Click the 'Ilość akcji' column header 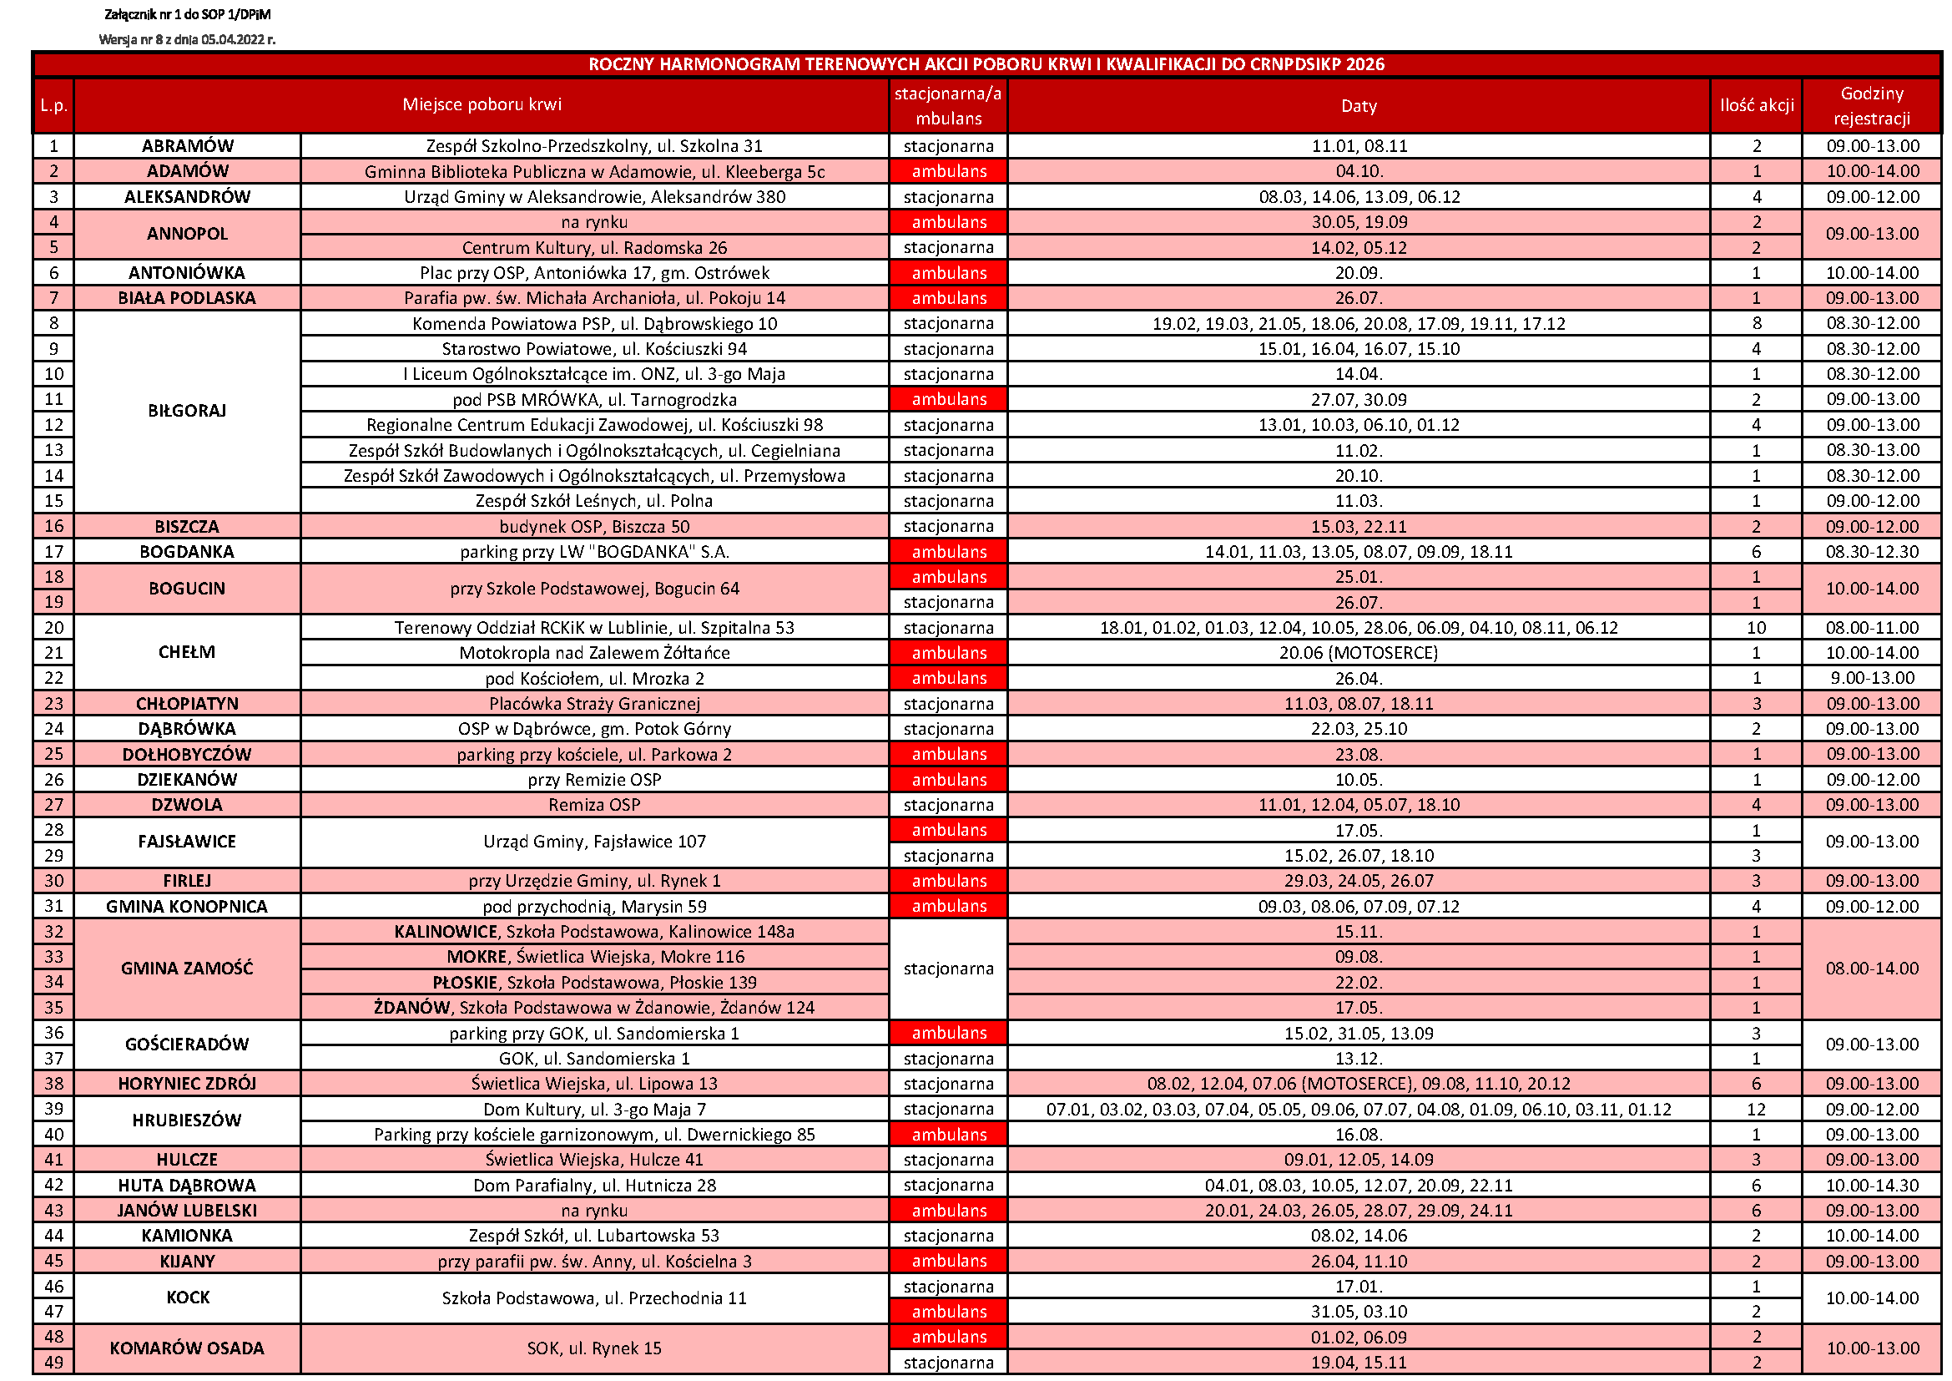[1756, 105]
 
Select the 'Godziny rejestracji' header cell [1871, 105]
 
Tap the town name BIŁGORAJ [187, 412]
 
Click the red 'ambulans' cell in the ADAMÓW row [949, 172]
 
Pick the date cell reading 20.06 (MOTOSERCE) [1358, 653]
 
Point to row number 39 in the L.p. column [53, 1109]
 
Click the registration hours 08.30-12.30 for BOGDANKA [1871, 552]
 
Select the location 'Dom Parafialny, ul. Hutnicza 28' [594, 1186]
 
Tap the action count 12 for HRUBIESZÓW [1756, 1110]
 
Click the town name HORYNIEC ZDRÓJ [187, 1085]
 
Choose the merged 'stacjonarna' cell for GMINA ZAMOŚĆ [949, 969]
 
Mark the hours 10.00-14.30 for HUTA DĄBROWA [1871, 1186]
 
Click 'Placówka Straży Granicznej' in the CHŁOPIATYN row [594, 704]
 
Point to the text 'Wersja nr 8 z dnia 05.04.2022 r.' [187, 40]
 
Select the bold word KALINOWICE [446, 932]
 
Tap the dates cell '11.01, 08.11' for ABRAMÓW [1358, 146]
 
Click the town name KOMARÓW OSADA [187, 1348]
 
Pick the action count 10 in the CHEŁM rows [1756, 629]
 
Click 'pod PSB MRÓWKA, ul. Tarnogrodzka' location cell [594, 400]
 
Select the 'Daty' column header [1358, 105]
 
